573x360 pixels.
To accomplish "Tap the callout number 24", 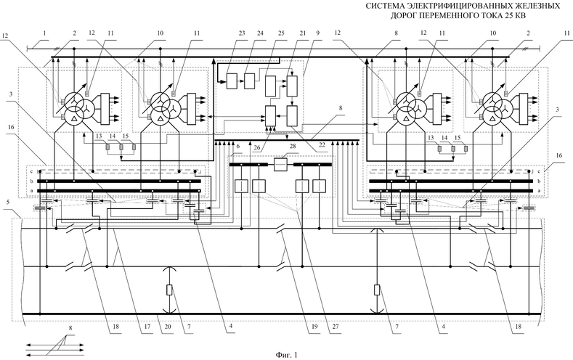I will click(x=240, y=35).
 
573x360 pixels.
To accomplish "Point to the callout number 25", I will click(x=260, y=35).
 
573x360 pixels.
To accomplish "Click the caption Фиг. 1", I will click(x=286, y=354).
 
